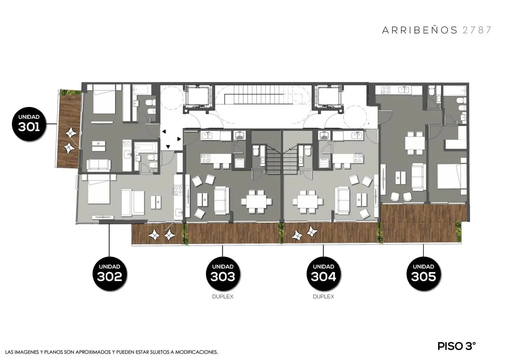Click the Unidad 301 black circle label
point(29,124)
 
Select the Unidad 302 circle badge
point(109,274)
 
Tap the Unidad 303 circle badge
point(223,274)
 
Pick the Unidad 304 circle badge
point(323,274)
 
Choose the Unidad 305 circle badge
point(424,274)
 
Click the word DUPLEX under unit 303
point(223,297)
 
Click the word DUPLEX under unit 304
point(323,297)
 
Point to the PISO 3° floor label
point(456,346)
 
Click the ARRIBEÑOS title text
point(420,30)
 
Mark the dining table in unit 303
point(256,202)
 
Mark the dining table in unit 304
point(308,202)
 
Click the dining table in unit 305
point(415,143)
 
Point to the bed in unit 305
point(451,176)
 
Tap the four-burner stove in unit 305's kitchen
point(385,90)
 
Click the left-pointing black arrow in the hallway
point(164,131)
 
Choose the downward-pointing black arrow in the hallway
point(168,147)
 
